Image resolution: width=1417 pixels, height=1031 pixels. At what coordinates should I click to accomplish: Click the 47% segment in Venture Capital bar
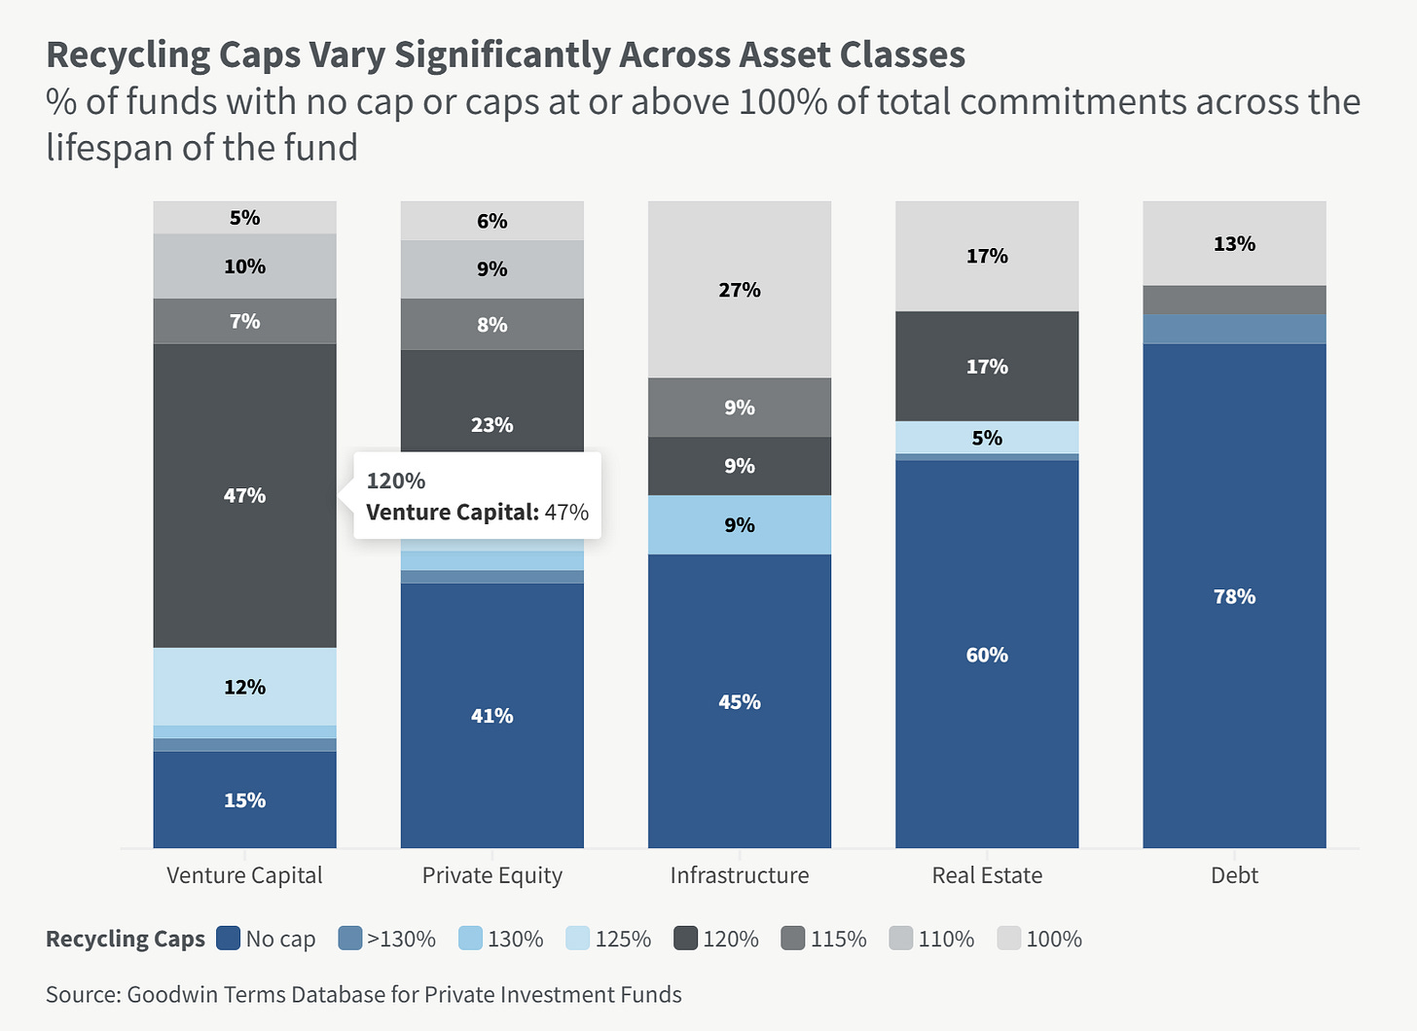(x=244, y=495)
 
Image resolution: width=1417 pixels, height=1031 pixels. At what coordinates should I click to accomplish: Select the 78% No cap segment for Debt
(x=1234, y=595)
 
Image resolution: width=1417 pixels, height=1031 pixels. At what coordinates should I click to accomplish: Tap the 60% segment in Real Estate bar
(x=987, y=654)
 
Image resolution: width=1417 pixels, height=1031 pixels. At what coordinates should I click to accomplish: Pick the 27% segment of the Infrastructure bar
(x=740, y=290)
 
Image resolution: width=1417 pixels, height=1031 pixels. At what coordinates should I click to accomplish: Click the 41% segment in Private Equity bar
(x=491, y=715)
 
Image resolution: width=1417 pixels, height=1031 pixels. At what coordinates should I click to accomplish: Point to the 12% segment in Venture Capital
(x=244, y=687)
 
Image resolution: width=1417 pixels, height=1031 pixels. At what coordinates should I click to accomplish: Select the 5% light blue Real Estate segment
(x=987, y=438)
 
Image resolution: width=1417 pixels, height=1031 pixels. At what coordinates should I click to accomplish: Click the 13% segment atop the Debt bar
(x=1234, y=243)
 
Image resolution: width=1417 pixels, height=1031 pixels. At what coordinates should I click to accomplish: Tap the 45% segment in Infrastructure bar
(x=740, y=701)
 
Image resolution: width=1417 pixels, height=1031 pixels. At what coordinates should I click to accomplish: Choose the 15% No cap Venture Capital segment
(x=244, y=800)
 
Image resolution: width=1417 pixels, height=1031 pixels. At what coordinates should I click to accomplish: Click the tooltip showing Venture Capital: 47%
(x=477, y=496)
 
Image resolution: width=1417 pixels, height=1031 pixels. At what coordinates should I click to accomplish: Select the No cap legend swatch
(x=229, y=939)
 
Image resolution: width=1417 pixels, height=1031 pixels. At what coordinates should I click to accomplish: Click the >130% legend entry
(x=387, y=939)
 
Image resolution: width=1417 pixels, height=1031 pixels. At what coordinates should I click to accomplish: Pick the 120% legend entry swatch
(x=685, y=939)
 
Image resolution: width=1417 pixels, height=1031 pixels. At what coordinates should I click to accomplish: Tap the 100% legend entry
(x=1040, y=939)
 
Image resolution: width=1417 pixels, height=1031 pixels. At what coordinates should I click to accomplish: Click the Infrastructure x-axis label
(x=740, y=875)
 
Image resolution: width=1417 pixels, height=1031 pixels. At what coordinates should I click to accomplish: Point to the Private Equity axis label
(x=491, y=875)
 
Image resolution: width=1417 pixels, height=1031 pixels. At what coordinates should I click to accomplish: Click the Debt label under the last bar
(x=1234, y=875)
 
